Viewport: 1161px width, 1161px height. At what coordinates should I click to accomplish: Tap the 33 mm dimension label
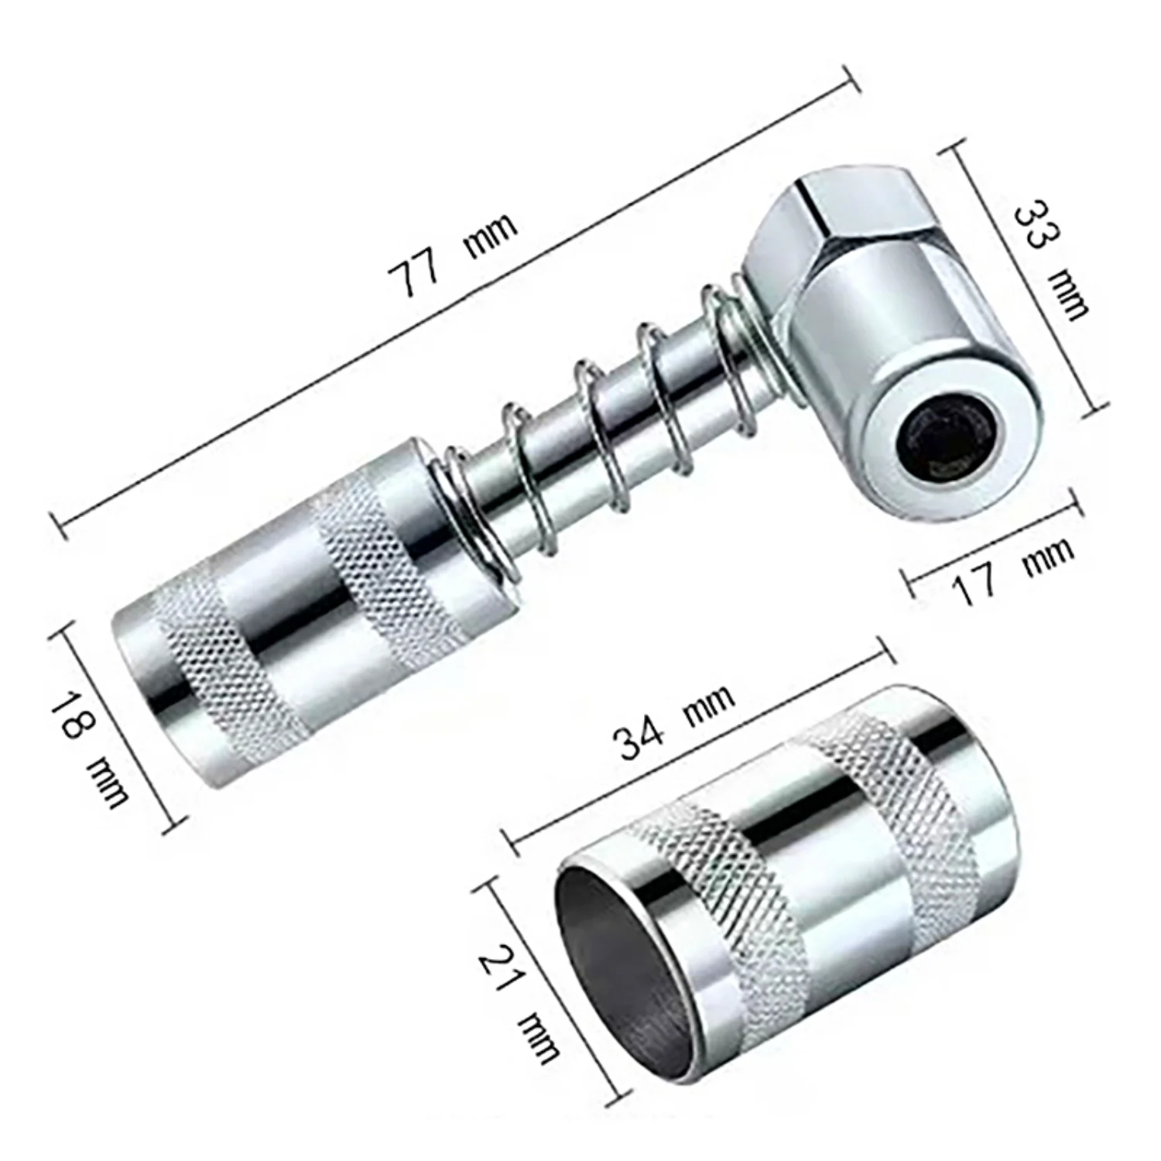click(x=1050, y=260)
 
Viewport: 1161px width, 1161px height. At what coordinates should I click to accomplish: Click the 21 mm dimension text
click(x=517, y=1005)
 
